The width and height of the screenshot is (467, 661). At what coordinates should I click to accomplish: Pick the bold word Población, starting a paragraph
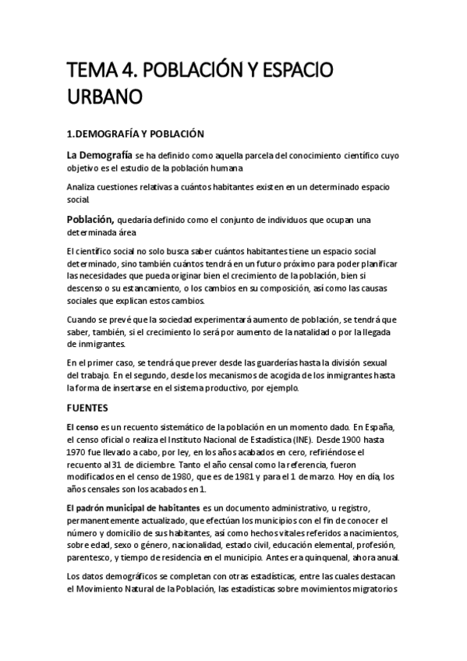(91, 219)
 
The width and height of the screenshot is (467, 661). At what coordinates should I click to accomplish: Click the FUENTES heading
(87, 408)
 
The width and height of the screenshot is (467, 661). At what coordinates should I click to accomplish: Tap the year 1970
(78, 453)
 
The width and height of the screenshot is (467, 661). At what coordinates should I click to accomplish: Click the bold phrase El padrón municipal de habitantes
(133, 507)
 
